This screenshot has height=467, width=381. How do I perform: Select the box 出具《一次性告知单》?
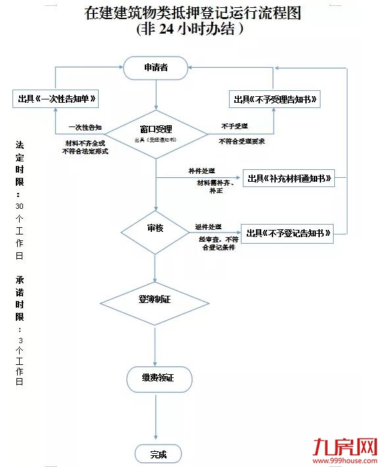[57, 99]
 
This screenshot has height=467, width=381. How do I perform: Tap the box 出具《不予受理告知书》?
[274, 99]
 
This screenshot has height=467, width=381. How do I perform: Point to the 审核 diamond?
[155, 230]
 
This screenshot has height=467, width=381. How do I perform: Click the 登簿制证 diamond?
[155, 300]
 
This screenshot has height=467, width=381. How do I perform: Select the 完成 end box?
[158, 454]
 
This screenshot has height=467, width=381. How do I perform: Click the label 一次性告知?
[85, 127]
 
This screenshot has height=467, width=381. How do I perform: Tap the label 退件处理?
[209, 227]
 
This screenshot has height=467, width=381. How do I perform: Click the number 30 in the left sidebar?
[19, 206]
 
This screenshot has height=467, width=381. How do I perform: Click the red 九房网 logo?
[346, 447]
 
